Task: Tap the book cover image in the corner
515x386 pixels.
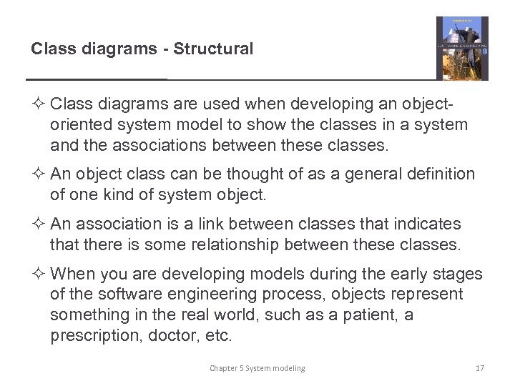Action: (462, 49)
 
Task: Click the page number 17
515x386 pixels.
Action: (480, 368)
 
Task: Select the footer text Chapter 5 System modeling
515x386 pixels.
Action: (257, 368)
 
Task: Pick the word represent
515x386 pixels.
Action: (427, 295)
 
